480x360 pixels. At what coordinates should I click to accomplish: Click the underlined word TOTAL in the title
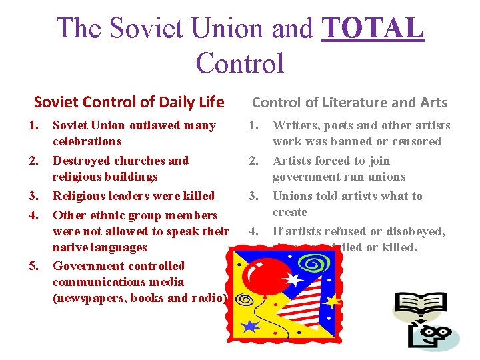(373, 28)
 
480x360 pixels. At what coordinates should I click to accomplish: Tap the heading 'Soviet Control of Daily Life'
(129, 102)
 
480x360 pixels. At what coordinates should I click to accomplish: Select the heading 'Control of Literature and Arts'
(349, 102)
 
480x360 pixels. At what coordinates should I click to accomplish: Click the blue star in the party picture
(250, 327)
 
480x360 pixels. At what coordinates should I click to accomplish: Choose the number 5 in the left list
(33, 267)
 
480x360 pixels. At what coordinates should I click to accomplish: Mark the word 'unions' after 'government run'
(386, 177)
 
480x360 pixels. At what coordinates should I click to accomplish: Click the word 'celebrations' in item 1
(87, 141)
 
